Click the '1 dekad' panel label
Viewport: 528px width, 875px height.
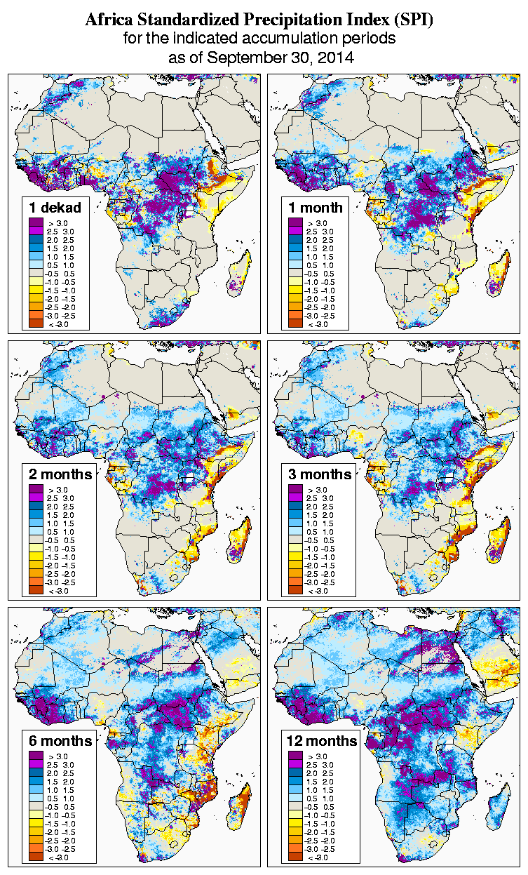[55, 208]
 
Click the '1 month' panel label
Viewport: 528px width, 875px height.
[316, 208]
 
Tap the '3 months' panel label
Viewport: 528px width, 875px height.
[320, 474]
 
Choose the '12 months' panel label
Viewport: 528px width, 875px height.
[322, 741]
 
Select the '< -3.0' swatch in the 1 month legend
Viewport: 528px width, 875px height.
[294, 323]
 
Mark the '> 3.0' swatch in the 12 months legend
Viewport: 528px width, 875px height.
[294, 756]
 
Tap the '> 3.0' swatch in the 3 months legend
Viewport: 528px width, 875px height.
[294, 489]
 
